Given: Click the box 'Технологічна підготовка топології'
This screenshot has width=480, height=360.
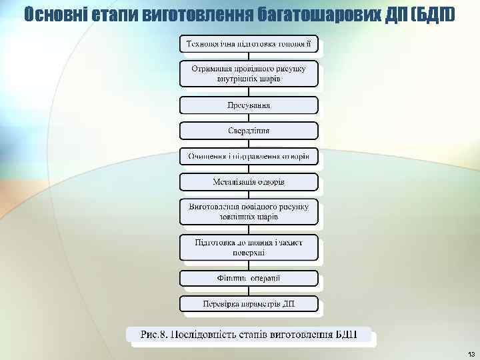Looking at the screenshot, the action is coord(249,44).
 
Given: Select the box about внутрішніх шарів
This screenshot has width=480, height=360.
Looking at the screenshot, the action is coord(249,73).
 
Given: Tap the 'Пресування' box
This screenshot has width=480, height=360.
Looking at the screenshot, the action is coord(249,105).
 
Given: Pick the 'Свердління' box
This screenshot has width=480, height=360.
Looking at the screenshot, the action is coord(249,130).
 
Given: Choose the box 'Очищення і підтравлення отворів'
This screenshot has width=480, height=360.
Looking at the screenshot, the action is coord(249,156).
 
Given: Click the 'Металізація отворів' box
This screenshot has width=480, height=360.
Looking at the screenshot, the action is coord(249,181).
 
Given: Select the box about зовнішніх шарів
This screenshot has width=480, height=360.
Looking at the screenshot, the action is coord(249,211).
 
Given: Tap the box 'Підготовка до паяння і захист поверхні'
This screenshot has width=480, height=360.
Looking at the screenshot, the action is coord(249,247).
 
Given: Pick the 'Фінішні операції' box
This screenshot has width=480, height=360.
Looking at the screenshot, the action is coord(249,278).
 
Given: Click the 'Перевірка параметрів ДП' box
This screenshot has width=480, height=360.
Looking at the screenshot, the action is coord(249,304).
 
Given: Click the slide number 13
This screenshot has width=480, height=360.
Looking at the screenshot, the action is coord(471,353).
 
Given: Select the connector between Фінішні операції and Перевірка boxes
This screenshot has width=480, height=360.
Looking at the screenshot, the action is coord(249,291).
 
